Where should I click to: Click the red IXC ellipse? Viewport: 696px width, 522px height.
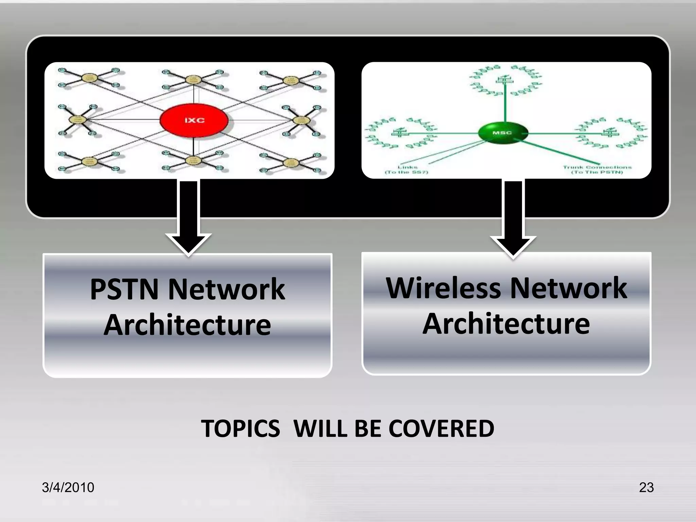click(x=194, y=120)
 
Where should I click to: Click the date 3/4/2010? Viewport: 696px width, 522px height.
click(x=68, y=487)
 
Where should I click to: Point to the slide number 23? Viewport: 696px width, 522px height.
click(x=646, y=487)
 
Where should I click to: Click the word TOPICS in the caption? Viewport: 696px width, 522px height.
click(x=241, y=429)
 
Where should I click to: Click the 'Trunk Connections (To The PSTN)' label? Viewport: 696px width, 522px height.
click(x=597, y=170)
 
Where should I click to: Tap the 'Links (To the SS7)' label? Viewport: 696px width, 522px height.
click(x=407, y=170)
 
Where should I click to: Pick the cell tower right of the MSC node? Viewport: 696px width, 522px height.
click(x=611, y=132)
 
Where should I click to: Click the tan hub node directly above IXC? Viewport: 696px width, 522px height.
click(x=193, y=80)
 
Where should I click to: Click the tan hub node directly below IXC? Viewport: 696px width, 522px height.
click(x=193, y=160)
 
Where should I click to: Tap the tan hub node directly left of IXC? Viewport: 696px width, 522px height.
click(x=78, y=120)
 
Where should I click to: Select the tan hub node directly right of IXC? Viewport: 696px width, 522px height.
click(x=300, y=120)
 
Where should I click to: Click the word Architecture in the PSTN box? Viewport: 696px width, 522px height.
click(x=187, y=325)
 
